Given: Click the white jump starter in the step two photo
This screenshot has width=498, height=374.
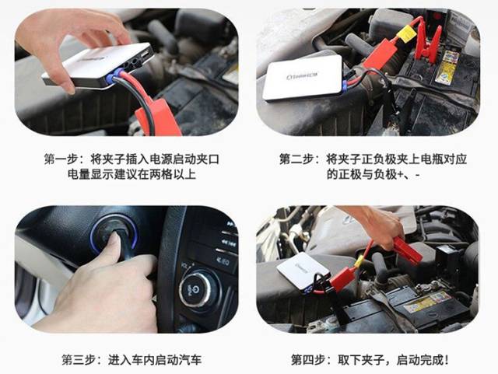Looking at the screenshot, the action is [x=303, y=78].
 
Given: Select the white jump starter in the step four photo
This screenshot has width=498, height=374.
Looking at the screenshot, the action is [x=303, y=271].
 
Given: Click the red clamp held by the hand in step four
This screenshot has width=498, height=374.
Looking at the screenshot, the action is [x=408, y=251].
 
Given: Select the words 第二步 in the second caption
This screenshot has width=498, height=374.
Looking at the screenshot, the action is [x=296, y=159].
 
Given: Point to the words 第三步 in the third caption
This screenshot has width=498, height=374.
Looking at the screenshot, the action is [x=79, y=360].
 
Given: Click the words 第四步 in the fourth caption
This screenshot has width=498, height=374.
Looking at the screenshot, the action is [x=308, y=360].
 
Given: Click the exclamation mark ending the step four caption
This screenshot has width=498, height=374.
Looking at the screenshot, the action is [x=446, y=360].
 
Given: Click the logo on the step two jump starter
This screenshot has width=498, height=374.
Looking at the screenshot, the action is [x=303, y=76].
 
